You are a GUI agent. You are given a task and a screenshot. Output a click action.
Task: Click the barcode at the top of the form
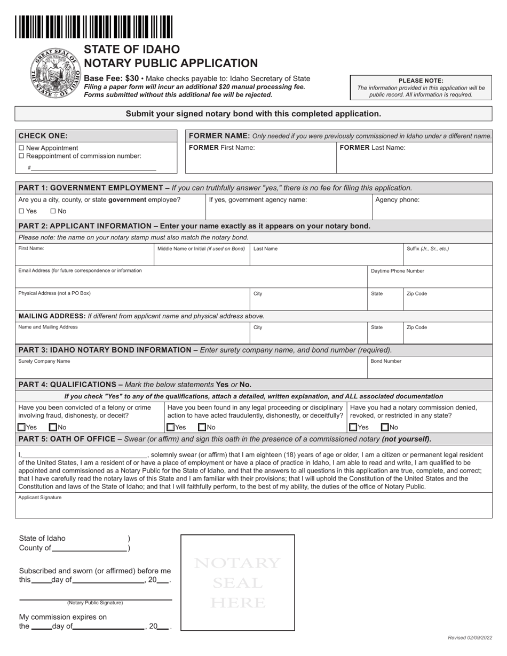[x=94, y=27]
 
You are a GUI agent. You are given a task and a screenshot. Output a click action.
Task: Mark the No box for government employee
[x=52, y=211]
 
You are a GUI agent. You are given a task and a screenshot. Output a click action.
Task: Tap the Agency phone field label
[x=397, y=200]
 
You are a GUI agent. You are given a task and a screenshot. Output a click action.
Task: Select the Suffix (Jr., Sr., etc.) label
[x=427, y=249]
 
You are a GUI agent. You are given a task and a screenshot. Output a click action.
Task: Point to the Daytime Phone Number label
[x=397, y=271]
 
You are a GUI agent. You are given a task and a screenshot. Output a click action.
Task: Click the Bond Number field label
[x=386, y=361]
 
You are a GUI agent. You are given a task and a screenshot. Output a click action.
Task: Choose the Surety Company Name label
[x=44, y=361]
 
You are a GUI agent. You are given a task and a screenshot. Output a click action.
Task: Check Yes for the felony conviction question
[x=21, y=427]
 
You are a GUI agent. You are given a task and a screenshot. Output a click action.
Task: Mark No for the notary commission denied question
[x=384, y=427]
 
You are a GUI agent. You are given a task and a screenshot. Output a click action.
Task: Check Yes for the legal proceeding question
[x=170, y=427]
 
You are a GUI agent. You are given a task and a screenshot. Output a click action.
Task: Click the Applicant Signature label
[x=39, y=498]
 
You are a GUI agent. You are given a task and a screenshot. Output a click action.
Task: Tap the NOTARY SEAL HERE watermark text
[x=237, y=582]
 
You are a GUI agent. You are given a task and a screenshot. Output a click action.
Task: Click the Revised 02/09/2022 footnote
[x=470, y=638]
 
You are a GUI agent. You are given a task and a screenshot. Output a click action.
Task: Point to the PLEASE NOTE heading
[x=421, y=81]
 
